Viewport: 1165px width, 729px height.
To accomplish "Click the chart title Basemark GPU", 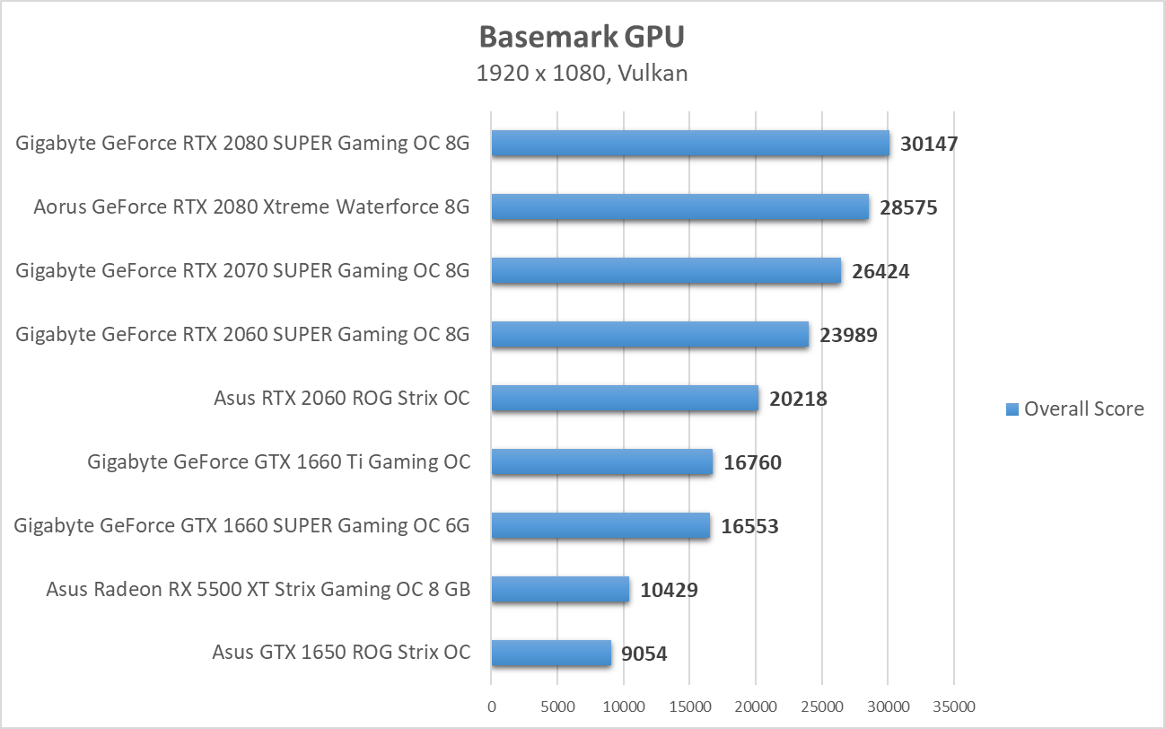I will click(582, 36).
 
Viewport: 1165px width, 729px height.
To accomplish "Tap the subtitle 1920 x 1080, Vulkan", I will click(582, 73).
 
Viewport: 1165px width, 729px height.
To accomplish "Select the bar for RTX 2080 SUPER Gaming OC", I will click(690, 143).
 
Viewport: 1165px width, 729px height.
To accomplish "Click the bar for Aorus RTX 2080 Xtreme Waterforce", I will click(679, 206).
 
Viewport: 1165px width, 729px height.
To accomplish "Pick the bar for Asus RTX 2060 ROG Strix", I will click(625, 398).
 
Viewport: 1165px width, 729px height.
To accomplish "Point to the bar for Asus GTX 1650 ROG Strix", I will click(551, 653).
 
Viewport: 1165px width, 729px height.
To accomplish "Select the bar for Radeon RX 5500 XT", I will click(560, 589).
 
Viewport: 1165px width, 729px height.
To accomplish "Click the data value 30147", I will click(929, 144).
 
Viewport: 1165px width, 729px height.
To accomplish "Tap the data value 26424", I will click(880, 271).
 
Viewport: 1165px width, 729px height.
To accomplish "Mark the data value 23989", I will click(847, 335).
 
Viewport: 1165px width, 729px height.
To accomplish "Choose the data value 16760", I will click(752, 462).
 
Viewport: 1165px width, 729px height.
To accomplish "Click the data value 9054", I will click(644, 654).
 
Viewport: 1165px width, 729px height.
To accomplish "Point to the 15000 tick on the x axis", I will click(689, 707).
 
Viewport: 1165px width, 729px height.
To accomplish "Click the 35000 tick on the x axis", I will click(953, 707).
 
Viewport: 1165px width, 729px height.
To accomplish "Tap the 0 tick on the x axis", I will click(491, 707).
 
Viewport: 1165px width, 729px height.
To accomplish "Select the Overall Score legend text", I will click(1083, 409).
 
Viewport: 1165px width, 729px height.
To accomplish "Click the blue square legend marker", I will click(1012, 409).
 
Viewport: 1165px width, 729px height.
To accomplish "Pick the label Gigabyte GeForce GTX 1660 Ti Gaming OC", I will click(278, 462).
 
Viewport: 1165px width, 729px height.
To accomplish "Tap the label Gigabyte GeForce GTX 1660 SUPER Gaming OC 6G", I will click(241, 526).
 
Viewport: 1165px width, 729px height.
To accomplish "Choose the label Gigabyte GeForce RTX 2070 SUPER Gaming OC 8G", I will click(242, 270).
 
